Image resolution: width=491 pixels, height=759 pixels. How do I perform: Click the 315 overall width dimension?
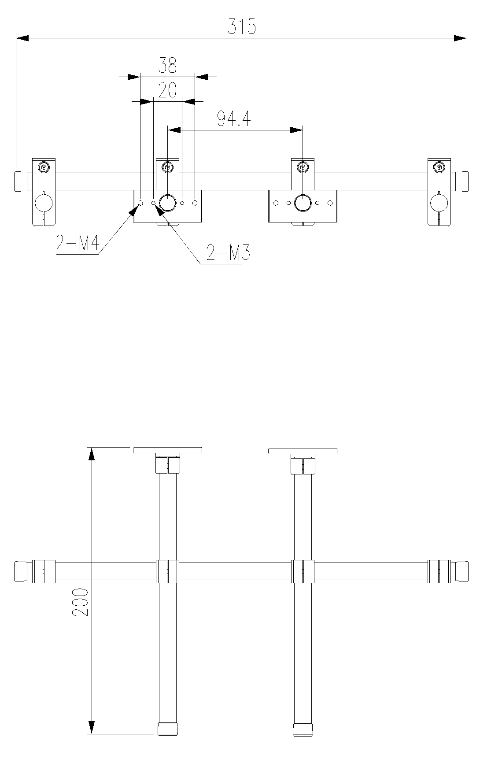(x=242, y=27)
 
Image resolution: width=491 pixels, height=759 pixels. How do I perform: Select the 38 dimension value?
(x=168, y=65)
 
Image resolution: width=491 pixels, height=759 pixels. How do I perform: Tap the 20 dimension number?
(x=167, y=90)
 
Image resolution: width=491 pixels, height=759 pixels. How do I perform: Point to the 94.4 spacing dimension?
(x=234, y=118)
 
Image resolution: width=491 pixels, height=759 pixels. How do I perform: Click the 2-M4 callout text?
(x=78, y=243)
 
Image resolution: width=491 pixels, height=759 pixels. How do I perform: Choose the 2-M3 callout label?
(x=228, y=253)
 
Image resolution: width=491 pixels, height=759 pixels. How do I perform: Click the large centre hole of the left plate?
(x=168, y=203)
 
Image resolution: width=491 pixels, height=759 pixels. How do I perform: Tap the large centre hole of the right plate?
(x=303, y=203)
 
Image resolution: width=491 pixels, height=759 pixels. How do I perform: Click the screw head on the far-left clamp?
(x=44, y=167)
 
